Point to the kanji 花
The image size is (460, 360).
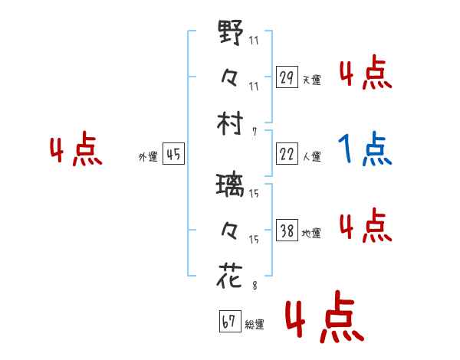231,275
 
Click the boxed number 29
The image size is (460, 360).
286,77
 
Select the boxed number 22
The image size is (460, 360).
286,154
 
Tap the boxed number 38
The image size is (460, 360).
286,231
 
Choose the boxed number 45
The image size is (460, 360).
173,154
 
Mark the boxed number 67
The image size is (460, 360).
229,322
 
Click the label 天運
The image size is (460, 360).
311,80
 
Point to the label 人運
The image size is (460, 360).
311,156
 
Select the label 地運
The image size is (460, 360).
311,233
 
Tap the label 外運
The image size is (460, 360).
147,156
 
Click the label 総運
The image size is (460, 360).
255,324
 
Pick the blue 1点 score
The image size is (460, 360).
365,150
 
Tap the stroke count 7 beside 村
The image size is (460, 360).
254,132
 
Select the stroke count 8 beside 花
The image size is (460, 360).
254,286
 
